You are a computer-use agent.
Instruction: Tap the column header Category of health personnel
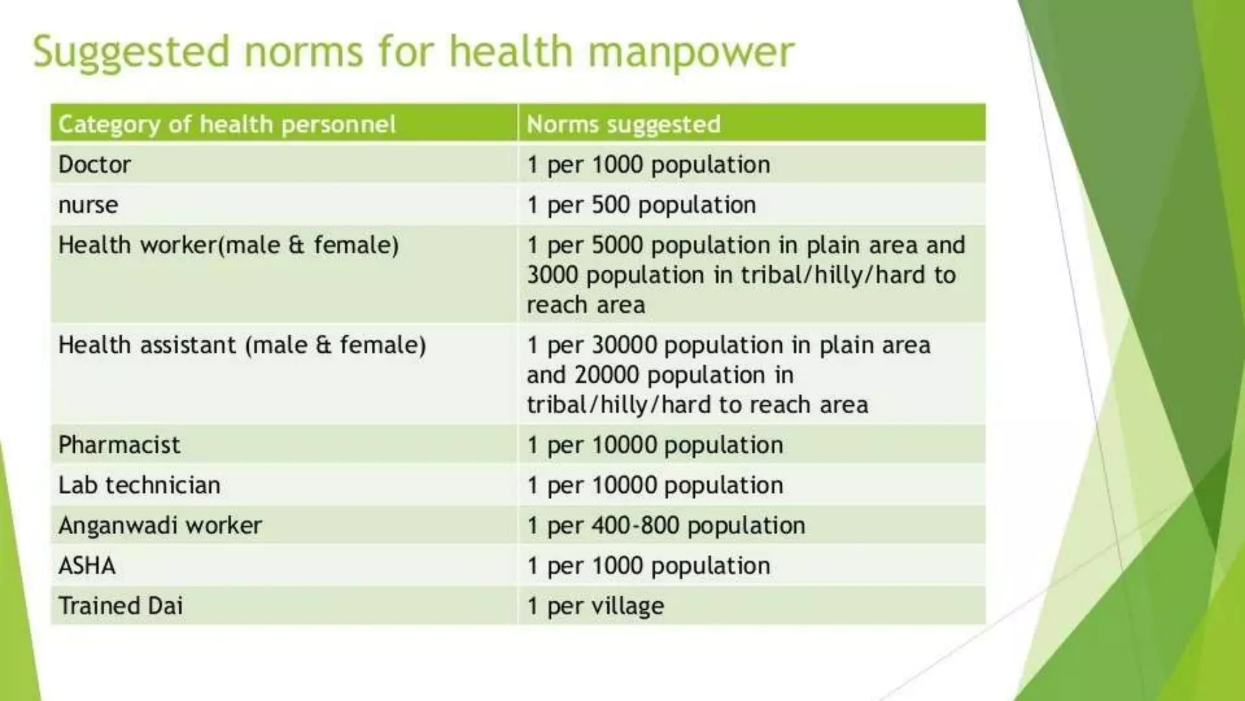tap(227, 124)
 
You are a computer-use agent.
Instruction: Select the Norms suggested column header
tap(623, 124)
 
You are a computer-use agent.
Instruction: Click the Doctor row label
tap(95, 164)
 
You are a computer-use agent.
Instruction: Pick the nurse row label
tap(88, 205)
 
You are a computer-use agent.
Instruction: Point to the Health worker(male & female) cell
tap(229, 245)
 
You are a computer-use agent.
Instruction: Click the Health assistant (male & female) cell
tap(242, 345)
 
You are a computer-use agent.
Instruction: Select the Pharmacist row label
tap(119, 445)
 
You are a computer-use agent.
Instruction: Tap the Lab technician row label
tap(139, 485)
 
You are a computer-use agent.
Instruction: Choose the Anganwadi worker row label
tap(160, 525)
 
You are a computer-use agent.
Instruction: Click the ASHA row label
tap(87, 566)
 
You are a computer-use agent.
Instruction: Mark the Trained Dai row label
tap(120, 606)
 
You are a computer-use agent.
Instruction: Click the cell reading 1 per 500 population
tap(641, 205)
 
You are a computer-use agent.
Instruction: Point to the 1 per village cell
tap(595, 606)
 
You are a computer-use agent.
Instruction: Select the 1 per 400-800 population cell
tap(666, 525)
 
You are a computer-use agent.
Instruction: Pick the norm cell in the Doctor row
tap(649, 164)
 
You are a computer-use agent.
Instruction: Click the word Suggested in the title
tap(131, 52)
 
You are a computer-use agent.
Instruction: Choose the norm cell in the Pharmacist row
tap(655, 445)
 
